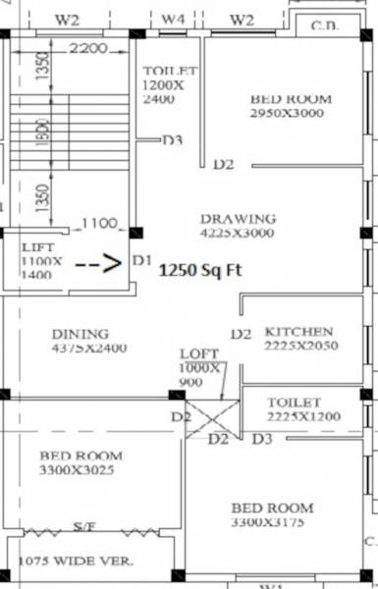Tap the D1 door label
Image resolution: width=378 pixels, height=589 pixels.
pos(142,262)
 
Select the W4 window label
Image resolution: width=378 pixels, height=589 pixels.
pos(173,19)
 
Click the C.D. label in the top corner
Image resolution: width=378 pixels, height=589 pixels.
pos(327,25)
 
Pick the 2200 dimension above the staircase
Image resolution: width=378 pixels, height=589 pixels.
pos(88,48)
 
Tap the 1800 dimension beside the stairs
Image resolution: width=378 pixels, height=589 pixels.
pos(41,135)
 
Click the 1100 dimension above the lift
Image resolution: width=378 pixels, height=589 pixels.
pos(99,223)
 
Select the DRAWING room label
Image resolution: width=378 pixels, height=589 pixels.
pos(238,218)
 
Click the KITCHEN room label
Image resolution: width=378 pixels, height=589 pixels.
pos(298,332)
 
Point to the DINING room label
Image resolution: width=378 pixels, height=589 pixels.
pos(81,334)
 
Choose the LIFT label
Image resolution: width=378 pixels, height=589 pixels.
pos(38,247)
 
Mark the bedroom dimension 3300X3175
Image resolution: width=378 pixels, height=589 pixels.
pos(272,523)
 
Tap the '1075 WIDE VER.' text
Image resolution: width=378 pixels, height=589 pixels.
pos(77,562)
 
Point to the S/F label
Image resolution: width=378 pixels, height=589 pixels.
pos(85,528)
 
